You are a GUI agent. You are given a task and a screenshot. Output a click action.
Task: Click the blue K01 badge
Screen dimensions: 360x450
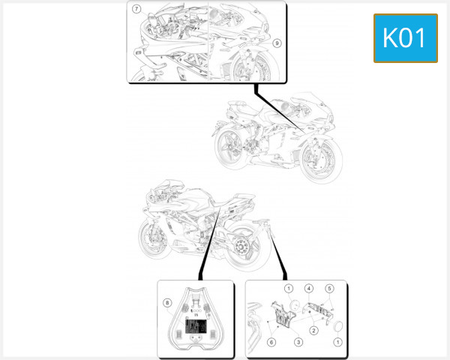405,38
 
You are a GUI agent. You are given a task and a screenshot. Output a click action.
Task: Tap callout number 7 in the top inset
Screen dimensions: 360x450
137,10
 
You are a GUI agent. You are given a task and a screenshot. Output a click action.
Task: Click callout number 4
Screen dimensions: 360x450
308,288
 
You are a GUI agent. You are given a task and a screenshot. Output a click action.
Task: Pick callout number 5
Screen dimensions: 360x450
329,288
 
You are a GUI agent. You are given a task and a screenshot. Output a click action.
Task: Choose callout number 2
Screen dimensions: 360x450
313,329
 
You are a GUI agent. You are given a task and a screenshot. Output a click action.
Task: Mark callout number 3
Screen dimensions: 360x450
298,342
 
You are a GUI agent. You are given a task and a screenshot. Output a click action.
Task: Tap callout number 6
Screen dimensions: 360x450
271,342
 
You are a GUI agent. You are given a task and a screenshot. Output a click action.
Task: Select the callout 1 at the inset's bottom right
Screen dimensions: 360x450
337,342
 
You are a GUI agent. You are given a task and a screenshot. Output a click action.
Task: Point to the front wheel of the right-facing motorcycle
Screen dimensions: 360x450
318,158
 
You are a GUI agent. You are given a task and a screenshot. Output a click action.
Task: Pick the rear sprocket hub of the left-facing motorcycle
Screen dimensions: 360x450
243,246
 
